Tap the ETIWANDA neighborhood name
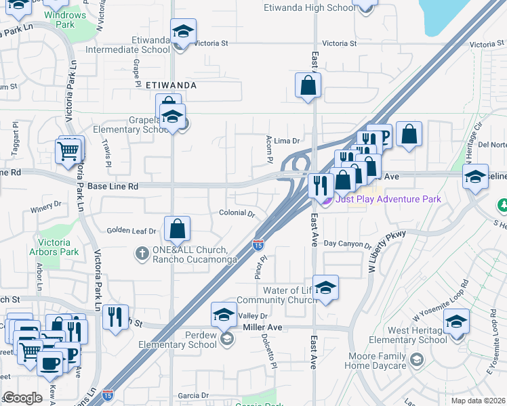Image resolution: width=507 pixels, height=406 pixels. coord(171,86)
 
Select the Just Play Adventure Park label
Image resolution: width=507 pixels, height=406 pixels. coord(388,199)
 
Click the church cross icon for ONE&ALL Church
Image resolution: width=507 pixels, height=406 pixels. coord(142,254)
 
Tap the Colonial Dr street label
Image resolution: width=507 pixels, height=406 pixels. coord(237,213)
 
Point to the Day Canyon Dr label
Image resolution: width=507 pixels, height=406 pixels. coord(347,244)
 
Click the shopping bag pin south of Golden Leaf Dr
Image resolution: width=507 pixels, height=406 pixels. coord(177,229)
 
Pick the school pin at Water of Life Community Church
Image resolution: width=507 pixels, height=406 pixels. coord(325,288)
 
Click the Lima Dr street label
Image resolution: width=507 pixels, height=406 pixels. coord(286,141)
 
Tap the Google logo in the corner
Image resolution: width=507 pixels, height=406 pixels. coord(22,398)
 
